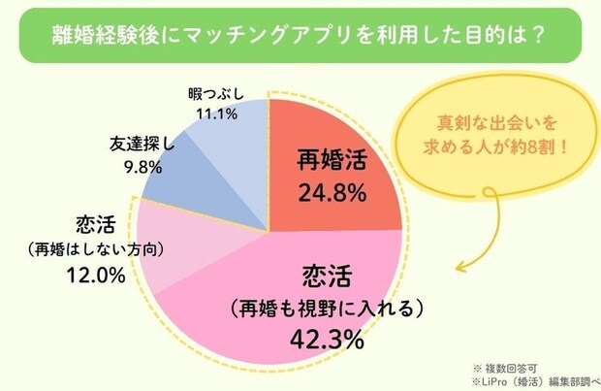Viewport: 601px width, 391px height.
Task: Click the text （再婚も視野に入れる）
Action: coord(327,310)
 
